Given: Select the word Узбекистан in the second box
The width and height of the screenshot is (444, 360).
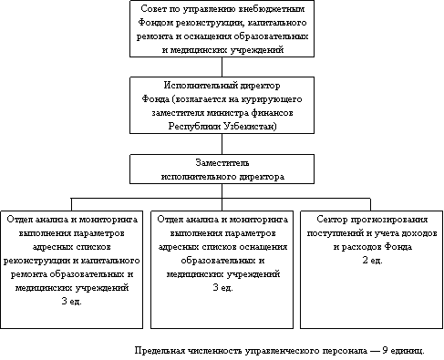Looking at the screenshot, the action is (x=250, y=126).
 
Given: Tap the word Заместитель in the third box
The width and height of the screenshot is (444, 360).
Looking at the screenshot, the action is (x=222, y=163).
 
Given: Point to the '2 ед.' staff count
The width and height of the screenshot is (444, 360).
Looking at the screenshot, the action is (x=372, y=261).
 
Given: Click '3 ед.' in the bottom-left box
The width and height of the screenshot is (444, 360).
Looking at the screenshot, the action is (x=72, y=302).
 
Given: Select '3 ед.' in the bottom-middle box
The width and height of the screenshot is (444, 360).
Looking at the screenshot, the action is (x=222, y=288).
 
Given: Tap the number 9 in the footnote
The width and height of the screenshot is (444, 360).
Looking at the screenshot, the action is (x=385, y=350).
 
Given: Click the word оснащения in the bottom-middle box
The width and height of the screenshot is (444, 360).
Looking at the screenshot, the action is (x=263, y=247).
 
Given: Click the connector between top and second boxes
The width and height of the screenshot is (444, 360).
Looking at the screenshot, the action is (x=222, y=67).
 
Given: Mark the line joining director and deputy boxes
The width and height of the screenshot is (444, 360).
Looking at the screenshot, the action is (x=222, y=144).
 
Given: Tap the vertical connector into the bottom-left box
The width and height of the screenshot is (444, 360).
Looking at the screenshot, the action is (x=71, y=204).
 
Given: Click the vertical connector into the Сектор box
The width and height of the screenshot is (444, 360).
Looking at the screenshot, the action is (x=370, y=204).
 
